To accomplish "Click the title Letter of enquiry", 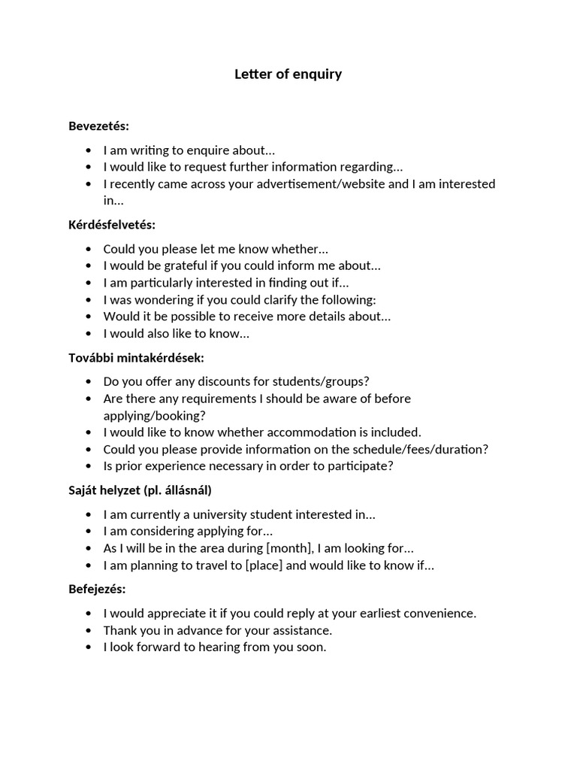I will coord(288,74).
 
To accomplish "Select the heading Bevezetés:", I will coord(98,126).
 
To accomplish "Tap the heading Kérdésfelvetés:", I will coord(112,224).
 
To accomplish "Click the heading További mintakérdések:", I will coord(136,357).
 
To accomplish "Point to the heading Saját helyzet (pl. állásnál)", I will coord(140,490).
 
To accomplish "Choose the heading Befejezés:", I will coord(97,588).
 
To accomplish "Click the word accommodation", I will coord(295,432).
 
